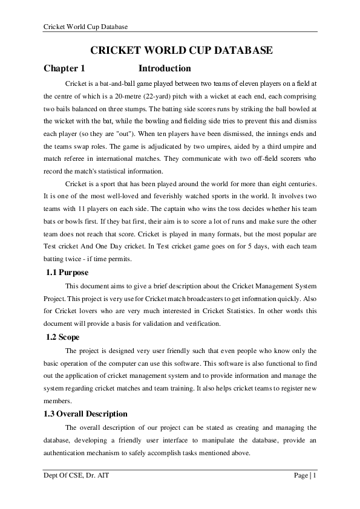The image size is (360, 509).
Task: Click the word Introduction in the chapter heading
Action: click(165, 68)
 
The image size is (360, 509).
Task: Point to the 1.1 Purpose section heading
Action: click(67, 273)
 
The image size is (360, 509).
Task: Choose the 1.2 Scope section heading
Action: click(63, 337)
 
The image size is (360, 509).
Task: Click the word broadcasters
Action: click(182, 298)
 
